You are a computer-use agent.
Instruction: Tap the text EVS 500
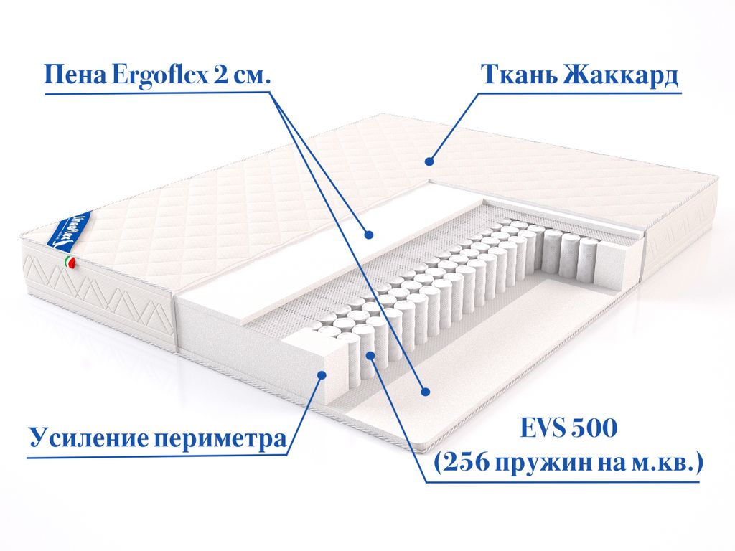565,430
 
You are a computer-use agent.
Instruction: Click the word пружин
535,464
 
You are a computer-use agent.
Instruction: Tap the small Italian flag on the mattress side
70,263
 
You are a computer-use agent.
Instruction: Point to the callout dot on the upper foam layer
368,234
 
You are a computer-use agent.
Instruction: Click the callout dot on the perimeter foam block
322,374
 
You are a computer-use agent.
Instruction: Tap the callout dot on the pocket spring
370,356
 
